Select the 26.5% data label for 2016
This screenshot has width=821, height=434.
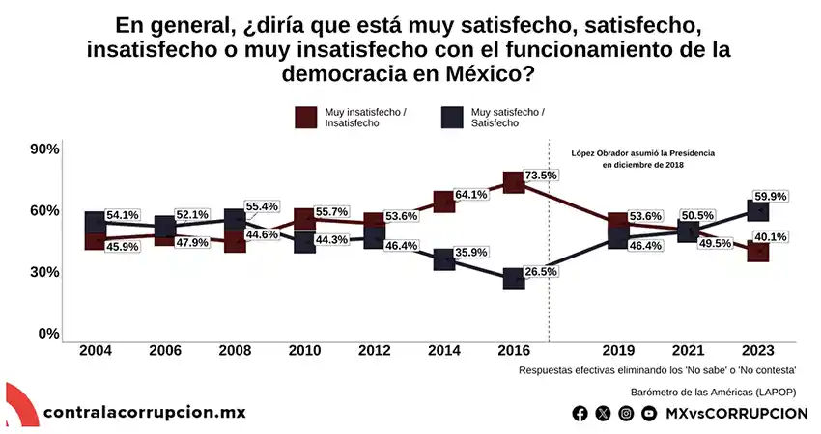pyautogui.click(x=541, y=272)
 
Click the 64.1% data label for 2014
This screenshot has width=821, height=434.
pyautogui.click(x=470, y=194)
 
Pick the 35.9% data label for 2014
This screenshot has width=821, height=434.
pyautogui.click(x=470, y=253)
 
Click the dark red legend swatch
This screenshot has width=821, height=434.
pyautogui.click(x=306, y=118)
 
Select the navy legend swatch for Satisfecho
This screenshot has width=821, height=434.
pyautogui.click(x=450, y=118)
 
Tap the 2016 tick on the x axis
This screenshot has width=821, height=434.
pyautogui.click(x=514, y=350)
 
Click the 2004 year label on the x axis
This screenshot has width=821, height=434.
pyautogui.click(x=95, y=350)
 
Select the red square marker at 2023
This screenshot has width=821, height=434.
pyautogui.click(x=759, y=251)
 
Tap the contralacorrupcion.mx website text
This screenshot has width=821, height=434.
pyautogui.click(x=145, y=413)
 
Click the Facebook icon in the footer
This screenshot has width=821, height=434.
pyautogui.click(x=580, y=413)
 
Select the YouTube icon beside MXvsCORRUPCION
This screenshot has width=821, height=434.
pyautogui.click(x=649, y=413)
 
